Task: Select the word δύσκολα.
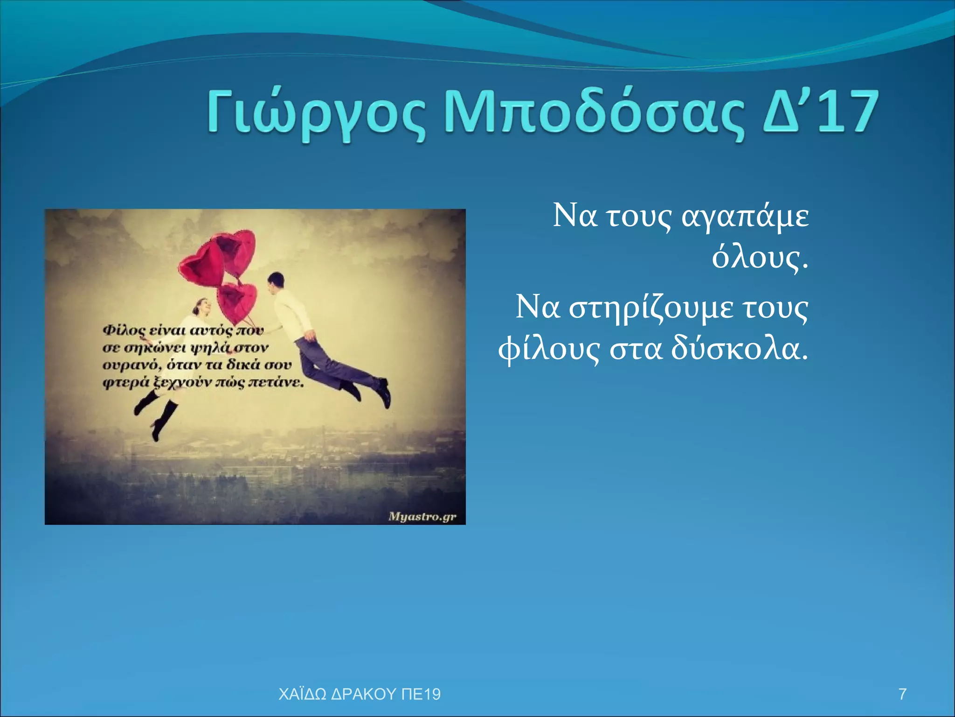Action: [739, 349]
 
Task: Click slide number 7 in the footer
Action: [902, 694]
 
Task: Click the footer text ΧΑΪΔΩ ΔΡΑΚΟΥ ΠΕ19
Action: [359, 694]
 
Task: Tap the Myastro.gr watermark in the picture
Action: [422, 517]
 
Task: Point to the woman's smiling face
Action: [202, 307]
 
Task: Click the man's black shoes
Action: [383, 393]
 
